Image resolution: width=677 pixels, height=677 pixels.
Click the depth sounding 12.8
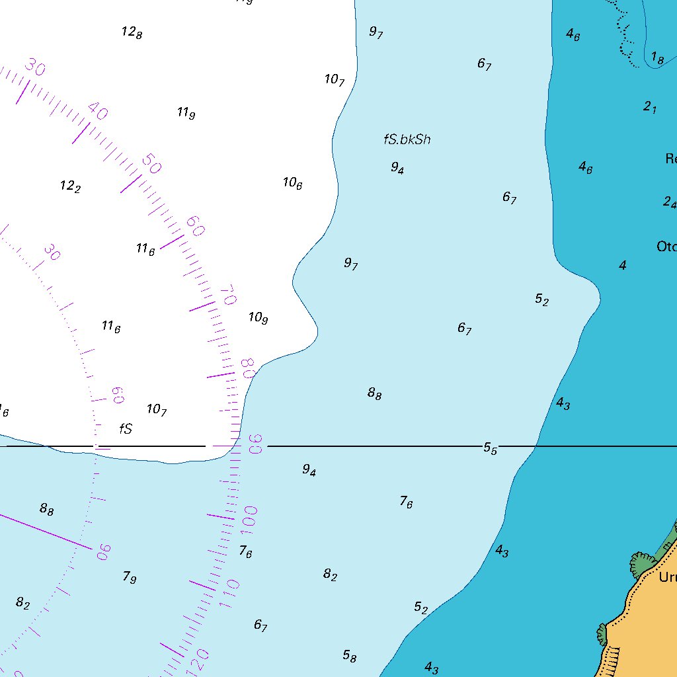(132, 32)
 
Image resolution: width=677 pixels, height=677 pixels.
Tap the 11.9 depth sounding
(186, 113)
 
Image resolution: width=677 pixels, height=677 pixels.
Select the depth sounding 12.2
(70, 186)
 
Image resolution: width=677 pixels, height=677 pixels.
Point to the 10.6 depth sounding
(292, 183)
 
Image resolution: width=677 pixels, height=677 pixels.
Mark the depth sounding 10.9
(258, 318)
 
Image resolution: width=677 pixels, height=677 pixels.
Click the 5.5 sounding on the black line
(490, 448)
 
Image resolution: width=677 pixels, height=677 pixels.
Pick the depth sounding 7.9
(129, 577)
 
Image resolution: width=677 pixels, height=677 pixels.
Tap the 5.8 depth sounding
(350, 656)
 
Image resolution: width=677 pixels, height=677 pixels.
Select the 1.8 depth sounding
(657, 59)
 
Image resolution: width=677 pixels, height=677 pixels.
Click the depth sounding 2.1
(650, 106)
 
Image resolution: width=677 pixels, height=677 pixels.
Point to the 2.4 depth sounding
(670, 202)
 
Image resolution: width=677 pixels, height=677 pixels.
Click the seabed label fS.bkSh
(407, 139)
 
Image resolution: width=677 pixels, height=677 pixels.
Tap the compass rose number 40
(97, 112)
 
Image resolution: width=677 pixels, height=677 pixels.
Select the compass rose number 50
(151, 164)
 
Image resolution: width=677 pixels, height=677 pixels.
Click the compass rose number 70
(227, 295)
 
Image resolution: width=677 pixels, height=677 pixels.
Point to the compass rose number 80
(248, 368)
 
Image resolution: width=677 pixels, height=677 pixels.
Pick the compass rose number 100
(250, 516)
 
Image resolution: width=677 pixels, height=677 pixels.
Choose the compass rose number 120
(199, 657)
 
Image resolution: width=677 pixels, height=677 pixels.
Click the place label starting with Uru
(667, 577)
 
